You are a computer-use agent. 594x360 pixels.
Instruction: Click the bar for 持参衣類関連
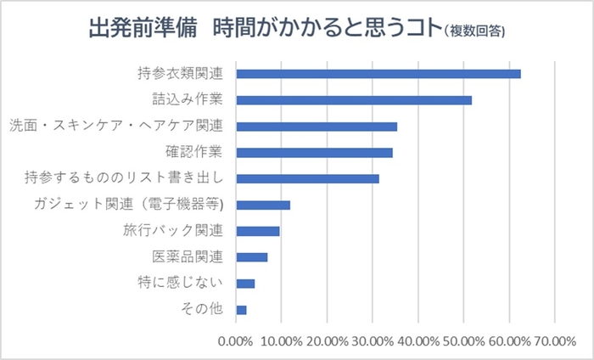click(x=378, y=74)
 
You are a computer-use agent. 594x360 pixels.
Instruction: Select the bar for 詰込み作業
click(x=353, y=100)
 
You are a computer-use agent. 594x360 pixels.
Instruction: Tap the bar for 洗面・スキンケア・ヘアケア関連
click(x=316, y=127)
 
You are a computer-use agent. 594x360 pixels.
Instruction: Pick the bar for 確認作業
click(x=314, y=153)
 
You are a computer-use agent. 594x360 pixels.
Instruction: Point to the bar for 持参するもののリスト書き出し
click(x=307, y=178)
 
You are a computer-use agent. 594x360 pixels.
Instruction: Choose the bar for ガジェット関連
click(x=263, y=205)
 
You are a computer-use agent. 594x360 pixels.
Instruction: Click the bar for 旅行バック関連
click(x=257, y=231)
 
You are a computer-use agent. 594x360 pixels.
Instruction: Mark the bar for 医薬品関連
click(x=251, y=257)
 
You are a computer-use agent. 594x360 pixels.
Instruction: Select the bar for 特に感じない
click(x=245, y=284)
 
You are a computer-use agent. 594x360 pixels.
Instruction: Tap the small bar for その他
click(x=241, y=310)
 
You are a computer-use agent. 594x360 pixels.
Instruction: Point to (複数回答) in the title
click(x=474, y=32)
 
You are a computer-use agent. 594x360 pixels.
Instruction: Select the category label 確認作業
click(x=193, y=153)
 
